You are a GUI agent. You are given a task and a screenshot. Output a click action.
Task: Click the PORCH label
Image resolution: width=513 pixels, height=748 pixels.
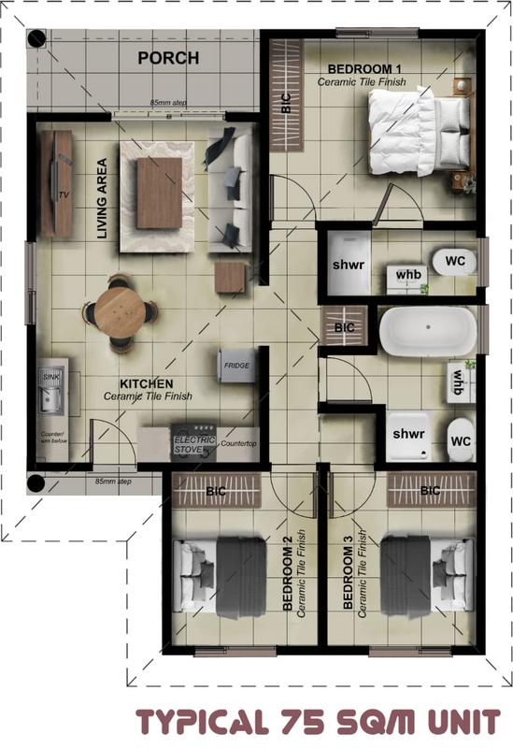click(168, 58)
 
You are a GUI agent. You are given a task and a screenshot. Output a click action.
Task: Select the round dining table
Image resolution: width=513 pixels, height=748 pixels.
click(118, 310)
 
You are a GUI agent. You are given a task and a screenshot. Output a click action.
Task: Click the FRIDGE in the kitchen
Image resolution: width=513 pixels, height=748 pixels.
click(235, 366)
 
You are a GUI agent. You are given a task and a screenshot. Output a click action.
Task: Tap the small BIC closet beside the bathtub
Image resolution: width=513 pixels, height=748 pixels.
click(345, 328)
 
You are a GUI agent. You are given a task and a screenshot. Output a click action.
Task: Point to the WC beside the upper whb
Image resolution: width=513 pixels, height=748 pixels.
click(455, 261)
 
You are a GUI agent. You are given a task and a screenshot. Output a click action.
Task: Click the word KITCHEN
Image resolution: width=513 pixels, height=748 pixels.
click(146, 383)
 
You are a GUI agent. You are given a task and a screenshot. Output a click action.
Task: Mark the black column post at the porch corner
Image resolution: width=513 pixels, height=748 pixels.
click(36, 39)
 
